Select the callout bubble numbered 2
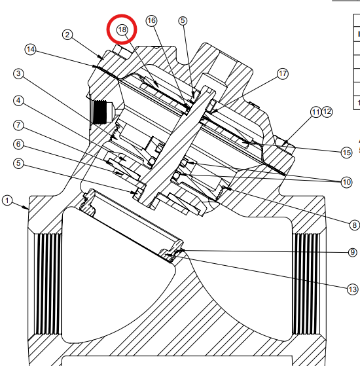(x=67, y=34)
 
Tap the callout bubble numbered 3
(x=19, y=73)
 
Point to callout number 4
(x=19, y=101)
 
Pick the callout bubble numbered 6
(x=19, y=144)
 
